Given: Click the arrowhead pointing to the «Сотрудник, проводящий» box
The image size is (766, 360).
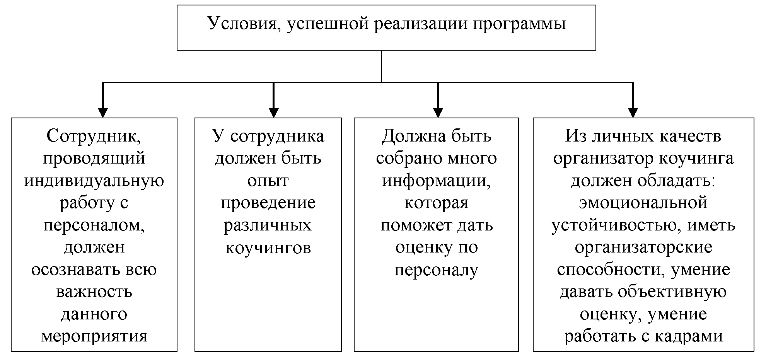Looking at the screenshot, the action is pos(102,112).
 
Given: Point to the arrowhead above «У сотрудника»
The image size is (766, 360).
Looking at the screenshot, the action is pos(273,112).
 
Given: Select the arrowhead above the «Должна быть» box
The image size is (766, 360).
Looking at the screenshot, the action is pos(438,112).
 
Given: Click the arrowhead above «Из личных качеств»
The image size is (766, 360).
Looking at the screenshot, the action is pos(633,112).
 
